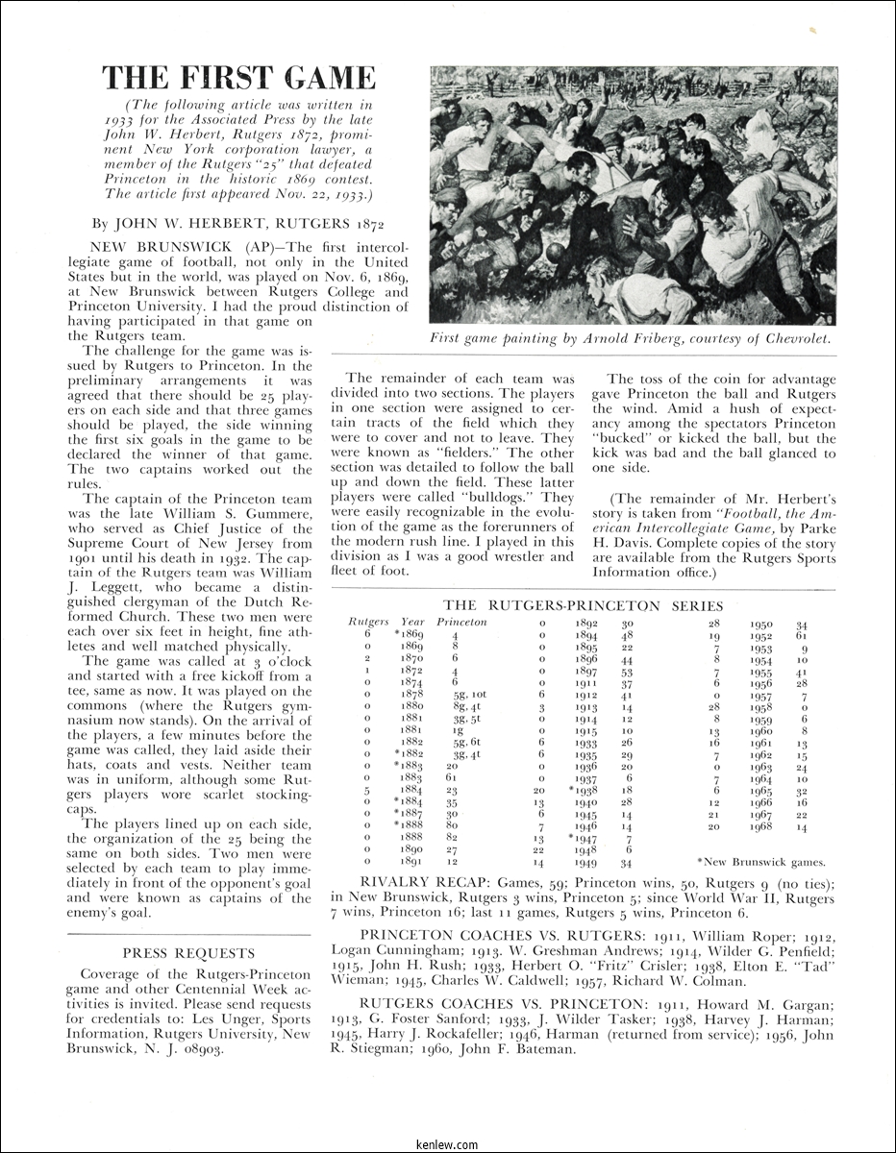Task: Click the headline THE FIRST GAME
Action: [x=239, y=78]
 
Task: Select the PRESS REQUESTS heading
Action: [x=189, y=954]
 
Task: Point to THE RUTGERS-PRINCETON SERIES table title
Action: [x=583, y=606]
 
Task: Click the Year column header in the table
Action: [x=412, y=622]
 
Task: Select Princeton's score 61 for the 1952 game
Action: [x=801, y=636]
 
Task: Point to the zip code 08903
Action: [x=203, y=1048]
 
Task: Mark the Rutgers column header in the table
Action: [x=368, y=622]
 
